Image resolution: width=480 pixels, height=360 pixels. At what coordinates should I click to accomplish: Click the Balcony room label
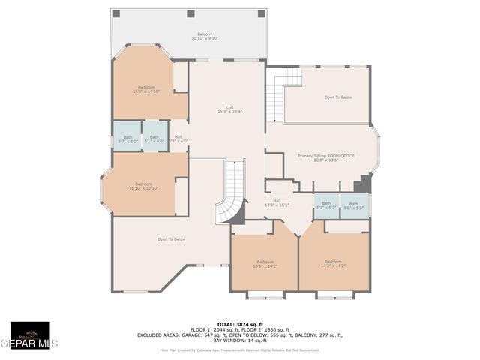tap(204, 37)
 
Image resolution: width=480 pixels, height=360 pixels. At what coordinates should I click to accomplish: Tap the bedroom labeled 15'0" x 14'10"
tap(146, 89)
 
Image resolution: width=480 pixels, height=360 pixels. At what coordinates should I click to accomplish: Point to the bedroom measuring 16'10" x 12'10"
tap(143, 186)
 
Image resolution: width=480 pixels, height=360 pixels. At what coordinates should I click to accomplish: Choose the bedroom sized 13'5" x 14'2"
tap(265, 263)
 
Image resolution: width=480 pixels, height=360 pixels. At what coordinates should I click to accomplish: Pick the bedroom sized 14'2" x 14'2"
tap(334, 263)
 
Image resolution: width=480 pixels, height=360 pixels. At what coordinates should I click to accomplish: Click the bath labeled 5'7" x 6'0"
tap(127, 139)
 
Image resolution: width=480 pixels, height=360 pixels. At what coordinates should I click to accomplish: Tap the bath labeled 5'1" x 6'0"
tap(154, 139)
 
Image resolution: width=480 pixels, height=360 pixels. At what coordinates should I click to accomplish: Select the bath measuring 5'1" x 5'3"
tap(326, 205)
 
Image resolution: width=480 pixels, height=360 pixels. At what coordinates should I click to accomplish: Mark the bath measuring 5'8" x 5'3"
tap(353, 205)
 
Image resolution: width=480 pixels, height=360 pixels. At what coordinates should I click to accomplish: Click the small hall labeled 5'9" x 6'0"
tap(178, 139)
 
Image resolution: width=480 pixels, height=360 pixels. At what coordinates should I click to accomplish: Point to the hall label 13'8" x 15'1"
tap(276, 202)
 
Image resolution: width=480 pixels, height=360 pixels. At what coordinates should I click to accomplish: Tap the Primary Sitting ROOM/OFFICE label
tap(326, 157)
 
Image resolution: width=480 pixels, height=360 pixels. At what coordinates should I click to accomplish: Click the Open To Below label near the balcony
tap(338, 97)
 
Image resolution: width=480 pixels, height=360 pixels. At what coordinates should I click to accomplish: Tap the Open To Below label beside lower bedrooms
tap(171, 239)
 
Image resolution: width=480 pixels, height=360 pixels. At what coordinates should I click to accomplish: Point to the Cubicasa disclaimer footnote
tap(239, 349)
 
